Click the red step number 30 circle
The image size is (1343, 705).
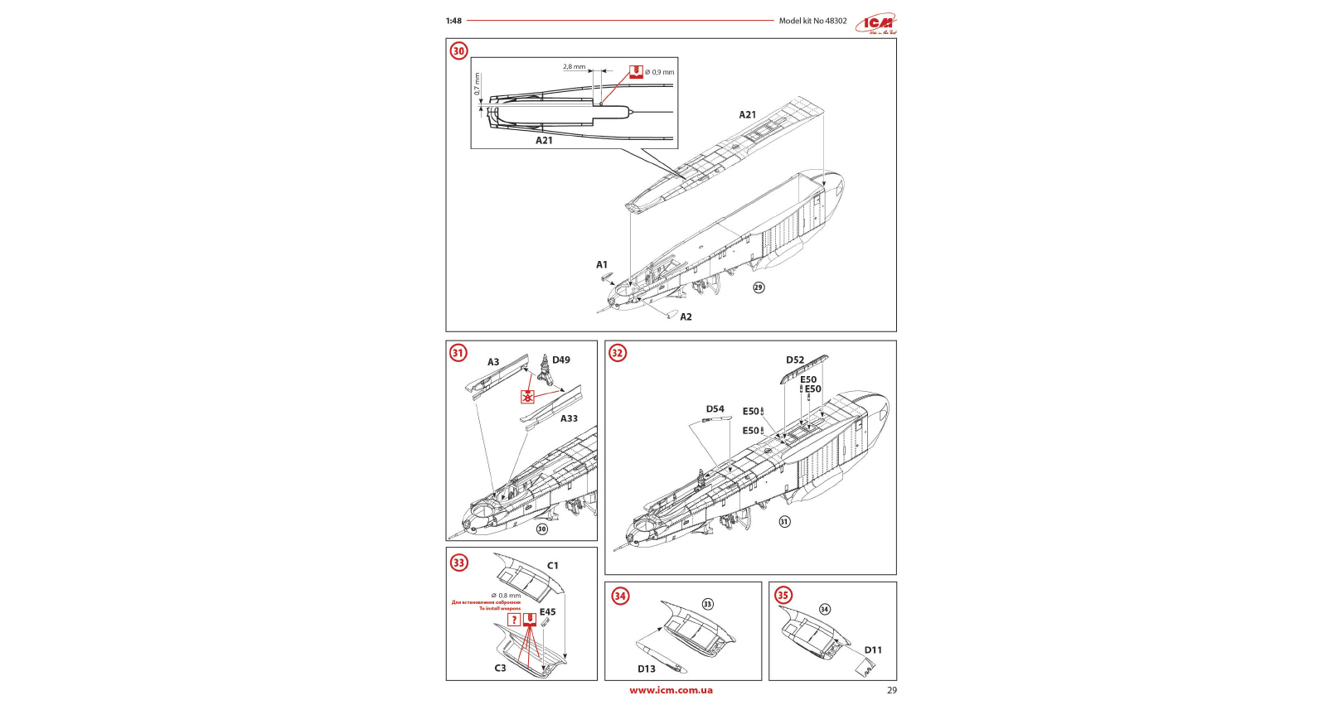(x=458, y=51)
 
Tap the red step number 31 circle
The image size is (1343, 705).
(x=458, y=353)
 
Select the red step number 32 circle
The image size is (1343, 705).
(x=617, y=353)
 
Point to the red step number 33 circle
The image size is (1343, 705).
(x=458, y=563)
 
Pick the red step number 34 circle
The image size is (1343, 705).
(x=620, y=596)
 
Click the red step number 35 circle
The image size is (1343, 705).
(x=783, y=595)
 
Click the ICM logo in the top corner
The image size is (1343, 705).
(x=877, y=24)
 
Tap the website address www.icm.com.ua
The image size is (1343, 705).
(x=671, y=690)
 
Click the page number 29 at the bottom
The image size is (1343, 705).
(x=891, y=690)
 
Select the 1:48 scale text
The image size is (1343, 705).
(x=453, y=21)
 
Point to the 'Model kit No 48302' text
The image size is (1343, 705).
(x=812, y=21)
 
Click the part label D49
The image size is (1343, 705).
(x=561, y=360)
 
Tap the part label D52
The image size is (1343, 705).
(x=795, y=360)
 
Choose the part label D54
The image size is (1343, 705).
(x=715, y=409)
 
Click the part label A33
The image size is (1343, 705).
(x=569, y=418)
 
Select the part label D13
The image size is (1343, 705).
(x=646, y=669)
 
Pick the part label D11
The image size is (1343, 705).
(x=873, y=650)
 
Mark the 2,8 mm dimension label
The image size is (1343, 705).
(x=574, y=66)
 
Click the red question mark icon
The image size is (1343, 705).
(x=514, y=620)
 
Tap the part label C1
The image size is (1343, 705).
(x=553, y=566)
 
